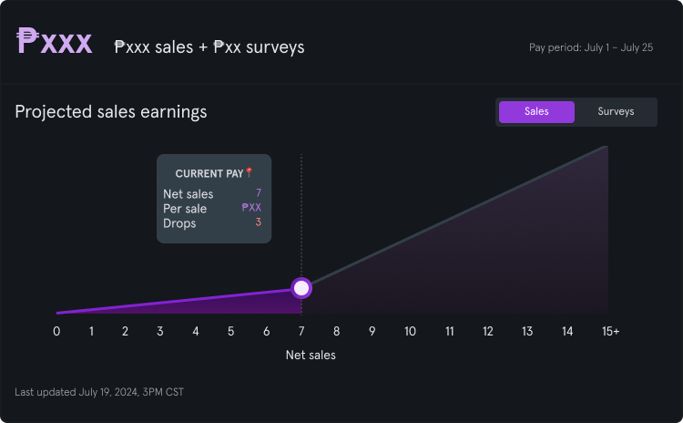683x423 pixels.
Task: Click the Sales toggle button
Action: (536, 111)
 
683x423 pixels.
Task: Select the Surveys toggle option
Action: (616, 111)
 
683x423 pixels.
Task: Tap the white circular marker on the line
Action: (301, 288)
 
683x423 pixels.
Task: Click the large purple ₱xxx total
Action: (55, 42)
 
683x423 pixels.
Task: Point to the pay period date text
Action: (591, 47)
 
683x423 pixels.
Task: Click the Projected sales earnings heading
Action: (111, 112)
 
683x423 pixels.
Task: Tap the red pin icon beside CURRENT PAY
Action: (250, 172)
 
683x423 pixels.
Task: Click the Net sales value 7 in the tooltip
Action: (259, 193)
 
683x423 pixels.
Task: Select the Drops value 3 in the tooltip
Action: (259, 222)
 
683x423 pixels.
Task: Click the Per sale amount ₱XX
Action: (251, 208)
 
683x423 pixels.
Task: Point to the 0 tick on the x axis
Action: (56, 331)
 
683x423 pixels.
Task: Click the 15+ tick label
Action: (609, 331)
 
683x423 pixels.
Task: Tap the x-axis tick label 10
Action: (410, 331)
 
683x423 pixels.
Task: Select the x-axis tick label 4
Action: (196, 331)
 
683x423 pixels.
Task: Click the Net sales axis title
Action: (311, 356)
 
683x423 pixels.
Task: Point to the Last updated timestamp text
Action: (99, 392)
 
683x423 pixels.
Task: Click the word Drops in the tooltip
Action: (179, 223)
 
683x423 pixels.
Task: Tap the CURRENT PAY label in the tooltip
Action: (209, 174)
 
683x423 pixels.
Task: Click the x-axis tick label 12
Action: (488, 331)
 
